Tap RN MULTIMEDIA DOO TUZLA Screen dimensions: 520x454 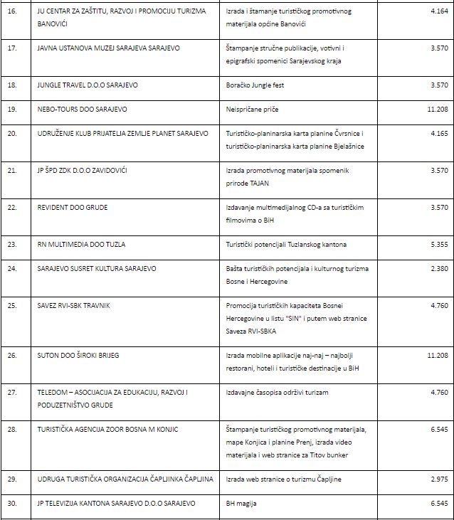[x=81, y=244]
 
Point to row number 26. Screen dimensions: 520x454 [x=11, y=354]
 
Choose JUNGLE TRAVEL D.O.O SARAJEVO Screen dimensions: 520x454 [x=88, y=85]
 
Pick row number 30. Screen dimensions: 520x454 [x=11, y=503]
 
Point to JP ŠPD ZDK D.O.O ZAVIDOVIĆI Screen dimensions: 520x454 [x=87, y=170]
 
